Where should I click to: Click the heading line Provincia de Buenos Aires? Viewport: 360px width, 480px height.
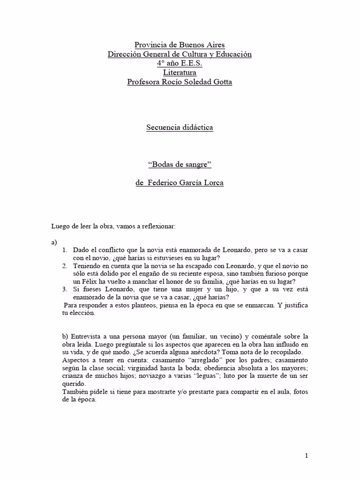coord(180,45)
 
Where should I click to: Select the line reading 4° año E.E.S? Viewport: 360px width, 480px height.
coord(180,63)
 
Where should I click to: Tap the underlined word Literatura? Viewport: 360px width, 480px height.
coord(180,73)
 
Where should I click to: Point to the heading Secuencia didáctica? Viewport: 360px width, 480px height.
coord(180,127)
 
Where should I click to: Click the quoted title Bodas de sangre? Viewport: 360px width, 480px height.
coord(180,165)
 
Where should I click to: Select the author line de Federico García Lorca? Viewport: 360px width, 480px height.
coord(180,183)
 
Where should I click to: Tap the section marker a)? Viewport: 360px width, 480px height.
coord(54,242)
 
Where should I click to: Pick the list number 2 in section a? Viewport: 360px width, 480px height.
coord(65,266)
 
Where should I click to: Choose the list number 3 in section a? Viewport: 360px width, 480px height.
coord(65,290)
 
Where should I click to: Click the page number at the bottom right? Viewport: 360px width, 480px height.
coord(306,455)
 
